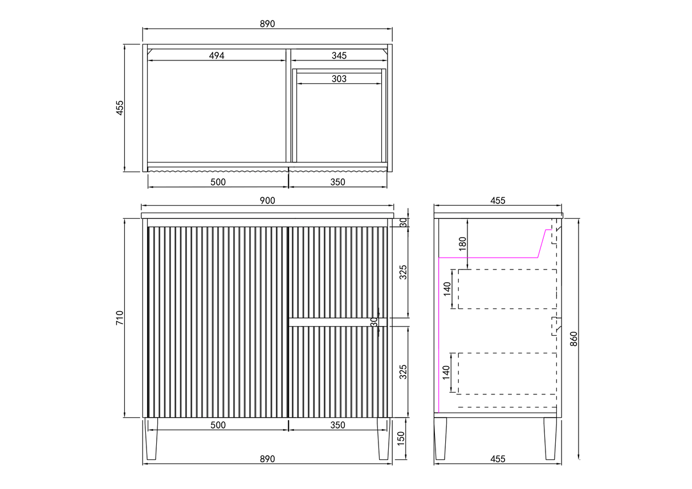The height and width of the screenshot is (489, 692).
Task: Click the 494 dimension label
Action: [x=217, y=56]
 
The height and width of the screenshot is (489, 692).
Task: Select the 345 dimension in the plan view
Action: [x=339, y=56]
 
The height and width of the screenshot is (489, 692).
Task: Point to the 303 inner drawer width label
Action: [x=339, y=79]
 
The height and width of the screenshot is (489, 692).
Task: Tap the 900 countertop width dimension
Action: [x=267, y=201]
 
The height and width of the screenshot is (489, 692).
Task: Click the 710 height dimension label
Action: [x=120, y=317]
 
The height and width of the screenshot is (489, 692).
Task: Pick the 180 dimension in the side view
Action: [x=462, y=244]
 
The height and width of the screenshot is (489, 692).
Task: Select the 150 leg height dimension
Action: [x=401, y=439]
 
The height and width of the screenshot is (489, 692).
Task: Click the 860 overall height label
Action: [x=573, y=339]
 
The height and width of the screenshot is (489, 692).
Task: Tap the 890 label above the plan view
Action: [x=267, y=24]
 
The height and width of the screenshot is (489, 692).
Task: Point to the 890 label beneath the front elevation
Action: [x=267, y=459]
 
